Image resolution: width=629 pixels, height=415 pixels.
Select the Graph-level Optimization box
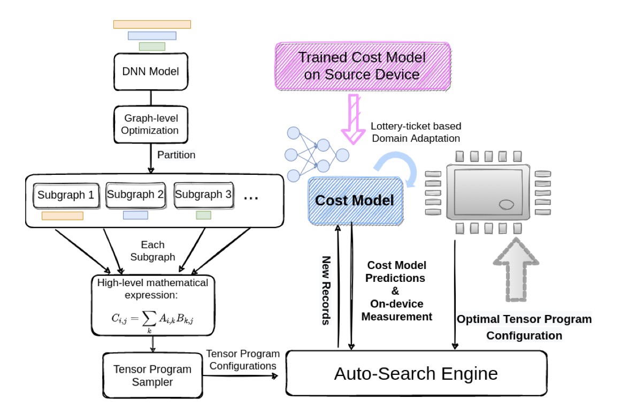152,124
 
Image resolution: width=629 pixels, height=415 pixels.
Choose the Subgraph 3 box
203,195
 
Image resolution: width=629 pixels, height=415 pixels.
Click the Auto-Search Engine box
416,373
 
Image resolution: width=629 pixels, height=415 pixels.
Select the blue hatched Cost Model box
354,201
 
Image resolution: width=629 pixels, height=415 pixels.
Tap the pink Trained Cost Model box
362,66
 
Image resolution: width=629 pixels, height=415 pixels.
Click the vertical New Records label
326,289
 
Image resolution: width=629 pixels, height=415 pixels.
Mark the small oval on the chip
506,204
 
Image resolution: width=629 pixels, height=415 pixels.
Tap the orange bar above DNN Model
152,24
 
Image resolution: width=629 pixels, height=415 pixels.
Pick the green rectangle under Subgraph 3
203,215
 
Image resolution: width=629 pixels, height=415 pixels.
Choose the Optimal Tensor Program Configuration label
524,327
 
